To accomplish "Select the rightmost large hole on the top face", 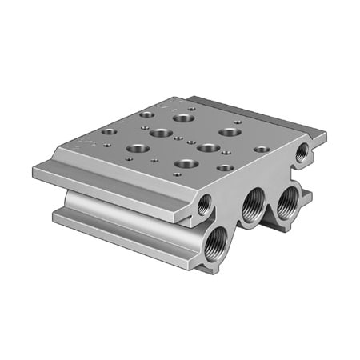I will coord(230,132).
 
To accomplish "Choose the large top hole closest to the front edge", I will coord(186,164).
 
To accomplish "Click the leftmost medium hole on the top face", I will coord(109,131).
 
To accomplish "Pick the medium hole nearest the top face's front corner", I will coord(225,168).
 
